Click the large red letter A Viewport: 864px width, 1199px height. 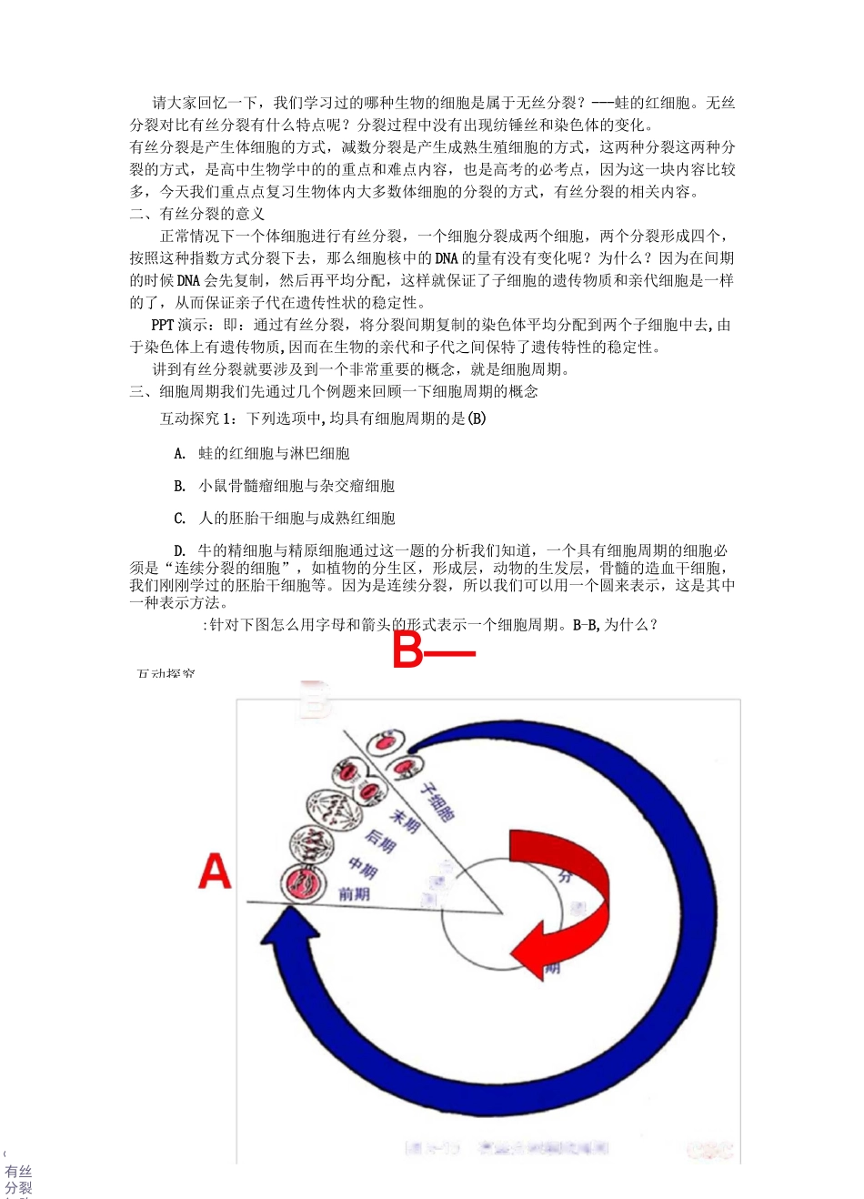pyautogui.click(x=215, y=871)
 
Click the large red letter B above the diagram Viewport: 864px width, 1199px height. pyautogui.click(x=408, y=651)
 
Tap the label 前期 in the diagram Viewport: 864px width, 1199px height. pyautogui.click(x=354, y=894)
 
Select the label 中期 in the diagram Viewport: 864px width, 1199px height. pyautogui.click(x=363, y=869)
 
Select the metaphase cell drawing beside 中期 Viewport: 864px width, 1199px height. pyautogui.click(x=311, y=845)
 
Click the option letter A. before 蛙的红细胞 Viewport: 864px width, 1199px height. pyautogui.click(x=180, y=453)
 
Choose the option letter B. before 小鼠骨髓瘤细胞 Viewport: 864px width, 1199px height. pyautogui.click(x=180, y=486)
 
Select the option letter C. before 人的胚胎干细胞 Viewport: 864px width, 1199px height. pyautogui.click(x=180, y=519)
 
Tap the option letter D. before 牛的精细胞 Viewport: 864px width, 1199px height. pyautogui.click(x=180, y=550)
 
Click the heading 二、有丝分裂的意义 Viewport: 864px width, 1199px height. pyautogui.click(x=197, y=214)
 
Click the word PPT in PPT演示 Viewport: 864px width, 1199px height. pyautogui.click(x=163, y=325)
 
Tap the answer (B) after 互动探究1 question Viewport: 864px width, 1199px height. pyautogui.click(x=477, y=418)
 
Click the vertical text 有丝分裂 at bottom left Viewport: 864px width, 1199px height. pyautogui.click(x=18, y=1180)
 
